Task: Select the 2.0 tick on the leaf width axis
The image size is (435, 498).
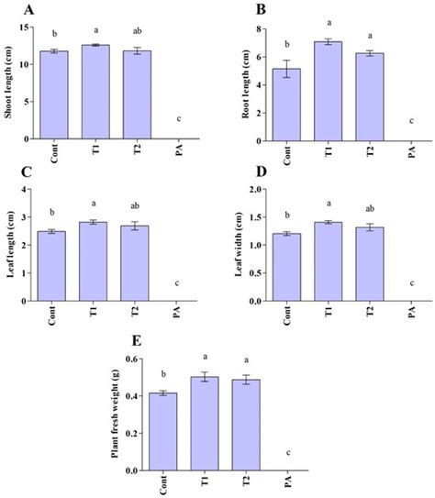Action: [x=252, y=189]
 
